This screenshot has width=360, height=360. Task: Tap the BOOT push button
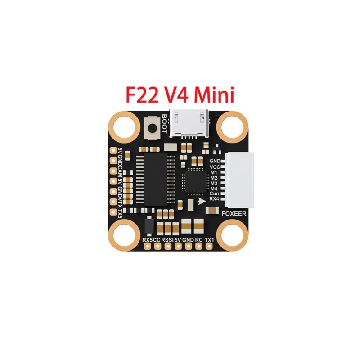tap(152, 128)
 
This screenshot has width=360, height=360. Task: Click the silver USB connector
tap(189, 123)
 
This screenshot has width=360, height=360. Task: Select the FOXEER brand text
tap(234, 214)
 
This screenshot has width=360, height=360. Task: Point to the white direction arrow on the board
tap(202, 201)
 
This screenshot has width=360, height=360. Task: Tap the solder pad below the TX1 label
tap(209, 246)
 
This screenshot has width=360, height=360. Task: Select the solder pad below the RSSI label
tap(168, 246)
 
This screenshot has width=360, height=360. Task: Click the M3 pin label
tap(214, 183)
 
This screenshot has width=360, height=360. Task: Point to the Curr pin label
tap(214, 193)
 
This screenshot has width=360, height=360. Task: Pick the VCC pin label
tap(215, 167)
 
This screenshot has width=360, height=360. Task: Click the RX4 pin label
tap(214, 199)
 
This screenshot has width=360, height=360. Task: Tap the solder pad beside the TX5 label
tap(113, 211)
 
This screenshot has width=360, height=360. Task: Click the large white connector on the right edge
tap(240, 180)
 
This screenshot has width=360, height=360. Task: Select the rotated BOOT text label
tap(164, 124)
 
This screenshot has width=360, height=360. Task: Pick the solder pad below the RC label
tap(198, 246)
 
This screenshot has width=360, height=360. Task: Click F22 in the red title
tap(142, 95)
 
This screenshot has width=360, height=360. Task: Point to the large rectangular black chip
tap(155, 179)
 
